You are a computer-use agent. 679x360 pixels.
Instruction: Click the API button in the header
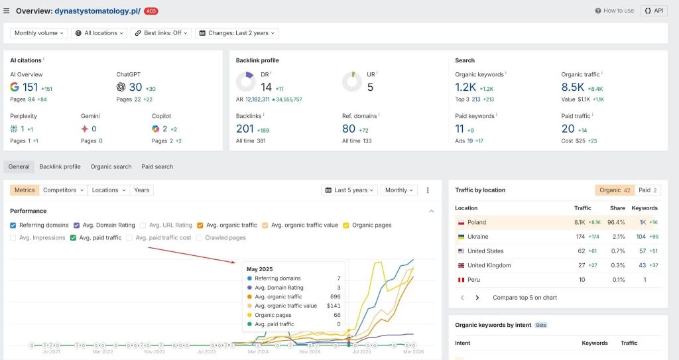tap(654, 11)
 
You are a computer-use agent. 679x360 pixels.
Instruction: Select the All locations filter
tap(99, 33)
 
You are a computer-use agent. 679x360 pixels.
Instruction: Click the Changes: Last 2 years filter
tap(237, 33)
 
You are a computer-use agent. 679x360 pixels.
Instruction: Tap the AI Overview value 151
tap(30, 88)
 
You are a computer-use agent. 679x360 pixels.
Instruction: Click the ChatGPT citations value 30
tap(135, 88)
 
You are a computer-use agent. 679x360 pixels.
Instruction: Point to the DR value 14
tap(266, 88)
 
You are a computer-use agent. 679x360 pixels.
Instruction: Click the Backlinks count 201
tap(245, 129)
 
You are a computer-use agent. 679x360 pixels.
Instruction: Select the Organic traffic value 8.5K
tap(572, 88)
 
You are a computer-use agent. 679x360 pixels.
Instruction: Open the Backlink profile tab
tap(60, 166)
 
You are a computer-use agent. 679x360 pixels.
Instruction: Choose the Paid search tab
tap(156, 166)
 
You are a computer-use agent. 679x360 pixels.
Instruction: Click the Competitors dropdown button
tap(63, 190)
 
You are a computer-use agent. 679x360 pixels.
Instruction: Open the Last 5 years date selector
tap(349, 190)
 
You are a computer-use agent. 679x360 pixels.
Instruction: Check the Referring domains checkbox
tap(14, 225)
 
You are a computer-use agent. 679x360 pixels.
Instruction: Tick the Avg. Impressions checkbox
tap(14, 237)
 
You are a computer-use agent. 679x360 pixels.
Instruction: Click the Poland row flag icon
tap(460, 223)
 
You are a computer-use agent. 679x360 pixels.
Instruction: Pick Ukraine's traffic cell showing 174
tap(582, 237)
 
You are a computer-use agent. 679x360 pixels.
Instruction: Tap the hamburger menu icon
tap(7, 11)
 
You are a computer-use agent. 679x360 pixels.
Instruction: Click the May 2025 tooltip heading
tap(259, 269)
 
